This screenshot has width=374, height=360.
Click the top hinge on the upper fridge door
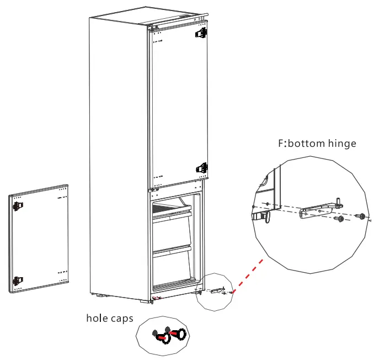tap(201, 33)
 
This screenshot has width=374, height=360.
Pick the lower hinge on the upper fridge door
tap(202, 168)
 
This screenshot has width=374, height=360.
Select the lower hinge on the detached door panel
tap(18, 281)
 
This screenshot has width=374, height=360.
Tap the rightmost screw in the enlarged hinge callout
tap(361, 216)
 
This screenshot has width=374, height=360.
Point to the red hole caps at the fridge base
tap(157, 298)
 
